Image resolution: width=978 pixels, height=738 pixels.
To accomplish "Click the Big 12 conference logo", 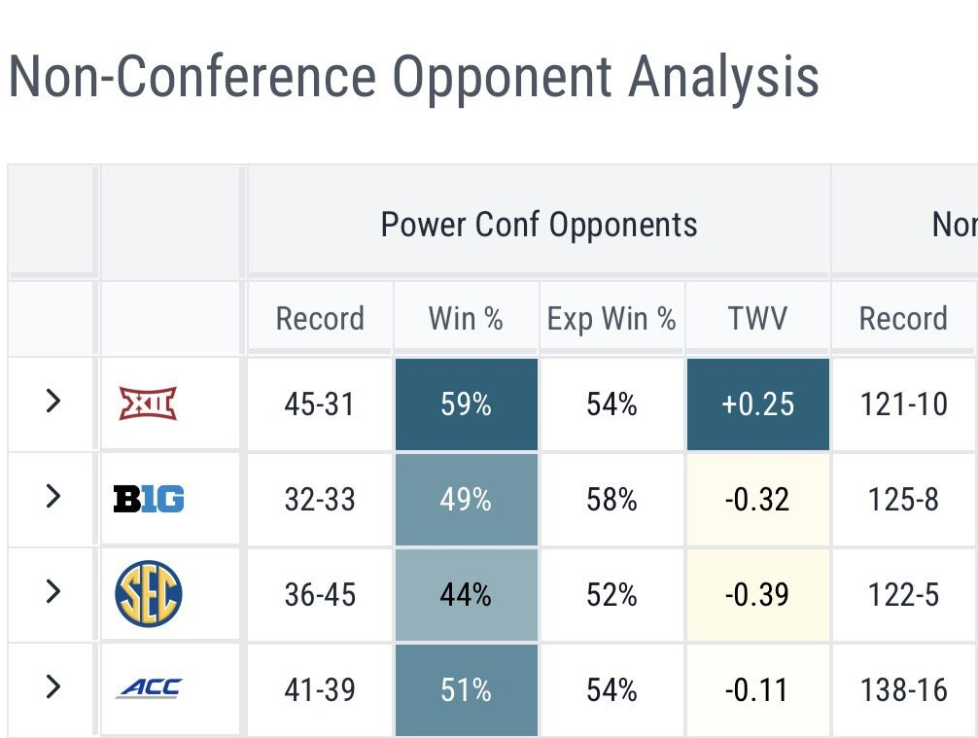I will coord(148,404).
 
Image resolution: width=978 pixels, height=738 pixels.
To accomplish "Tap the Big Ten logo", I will coord(148,500).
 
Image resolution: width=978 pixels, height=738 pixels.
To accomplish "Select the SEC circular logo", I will coord(148,594).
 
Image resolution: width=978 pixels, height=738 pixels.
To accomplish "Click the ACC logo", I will coord(148,689).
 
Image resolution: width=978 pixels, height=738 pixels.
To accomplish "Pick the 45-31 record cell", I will coord(320,404).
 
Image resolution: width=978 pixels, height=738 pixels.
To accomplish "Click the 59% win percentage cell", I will coord(466,404).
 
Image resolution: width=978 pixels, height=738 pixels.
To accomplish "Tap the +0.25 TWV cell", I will coord(757,404).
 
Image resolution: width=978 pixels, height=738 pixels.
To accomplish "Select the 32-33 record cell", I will coord(320,500).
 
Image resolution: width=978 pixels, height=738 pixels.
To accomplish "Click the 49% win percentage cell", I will coord(466,500).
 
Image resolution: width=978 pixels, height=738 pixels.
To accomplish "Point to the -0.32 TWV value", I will coord(757,500).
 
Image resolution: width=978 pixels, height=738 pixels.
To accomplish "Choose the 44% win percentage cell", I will coord(466,594).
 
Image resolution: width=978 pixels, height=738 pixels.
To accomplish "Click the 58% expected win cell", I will coord(611,500).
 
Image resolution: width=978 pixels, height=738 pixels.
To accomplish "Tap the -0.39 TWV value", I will coord(757,594).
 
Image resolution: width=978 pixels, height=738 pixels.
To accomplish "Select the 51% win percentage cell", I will coord(466,689).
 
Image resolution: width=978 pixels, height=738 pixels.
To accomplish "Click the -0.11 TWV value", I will coord(757,689).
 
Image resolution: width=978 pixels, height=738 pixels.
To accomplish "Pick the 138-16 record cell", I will coord(903,689).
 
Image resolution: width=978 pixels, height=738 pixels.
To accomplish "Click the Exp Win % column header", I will coord(611,319).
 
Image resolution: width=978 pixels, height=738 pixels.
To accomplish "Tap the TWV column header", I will coord(757,319).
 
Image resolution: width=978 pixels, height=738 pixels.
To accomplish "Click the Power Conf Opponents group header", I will coord(539,225).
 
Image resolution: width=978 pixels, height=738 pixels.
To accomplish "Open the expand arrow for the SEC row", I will coord(53,592).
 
